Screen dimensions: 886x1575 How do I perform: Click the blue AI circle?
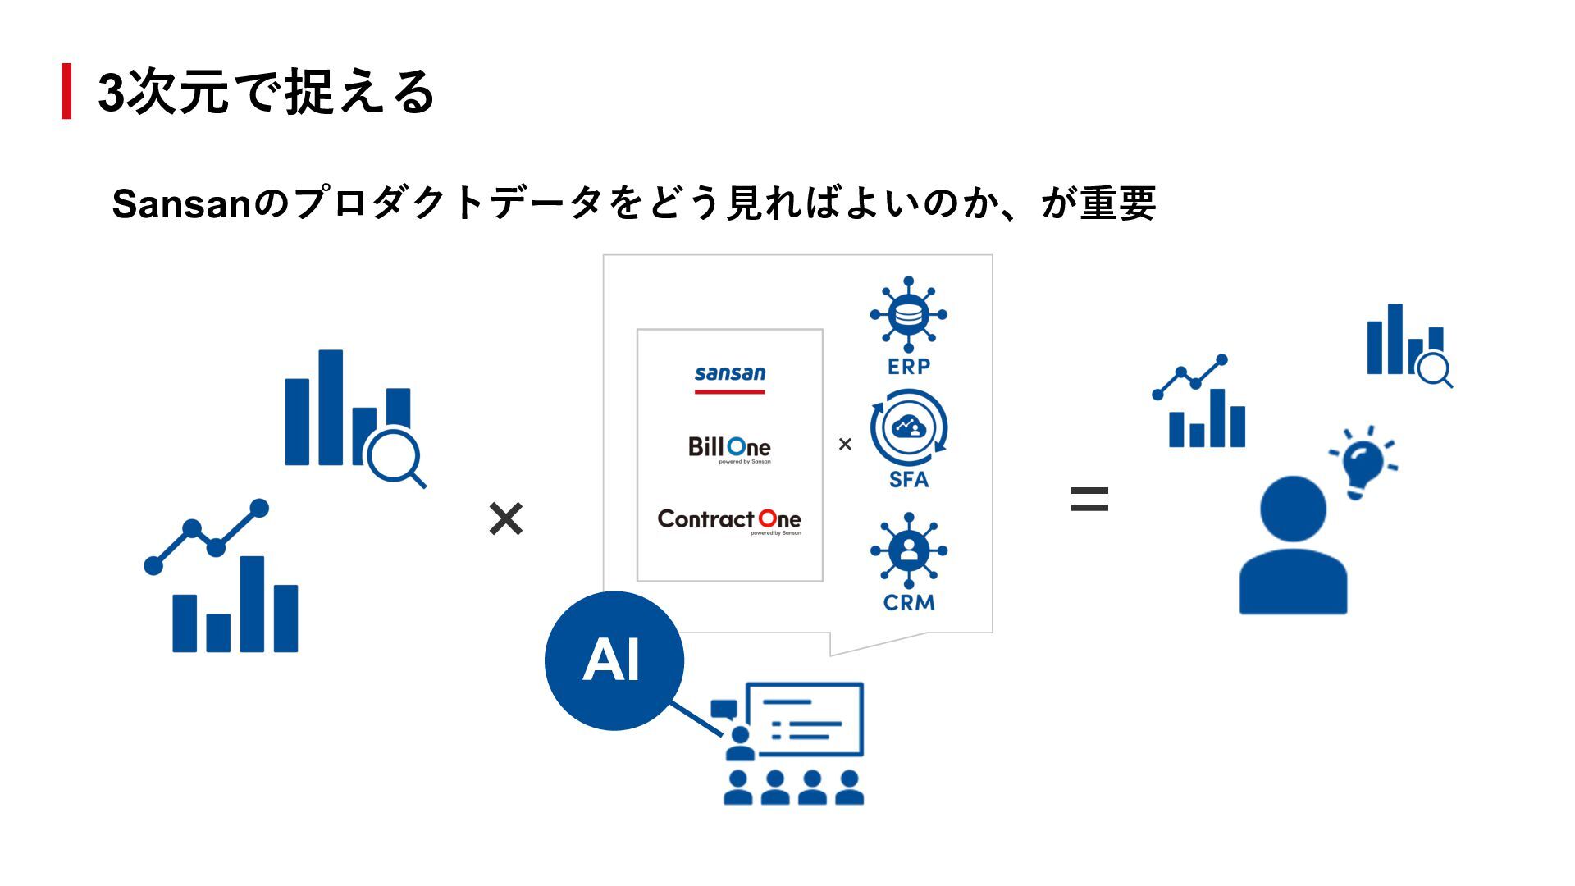pyautogui.click(x=614, y=660)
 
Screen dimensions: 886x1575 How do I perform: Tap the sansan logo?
pyautogui.click(x=729, y=377)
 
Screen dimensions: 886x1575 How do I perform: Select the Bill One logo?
pyautogui.click(x=729, y=448)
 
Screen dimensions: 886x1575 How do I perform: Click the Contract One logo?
pyautogui.click(x=729, y=520)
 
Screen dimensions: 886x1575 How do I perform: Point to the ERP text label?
pyautogui.click(x=909, y=367)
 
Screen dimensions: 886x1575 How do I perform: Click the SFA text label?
pyautogui.click(x=909, y=480)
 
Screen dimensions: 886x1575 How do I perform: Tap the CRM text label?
pyautogui.click(x=909, y=603)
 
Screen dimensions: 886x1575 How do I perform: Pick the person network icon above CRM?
pyautogui.click(x=908, y=550)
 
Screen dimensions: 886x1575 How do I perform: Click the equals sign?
pyautogui.click(x=1089, y=499)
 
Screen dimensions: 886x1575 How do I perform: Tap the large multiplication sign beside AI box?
pyautogui.click(x=505, y=519)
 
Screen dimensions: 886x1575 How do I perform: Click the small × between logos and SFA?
pyautogui.click(x=845, y=445)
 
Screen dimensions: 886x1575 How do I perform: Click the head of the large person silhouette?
pyautogui.click(x=1293, y=509)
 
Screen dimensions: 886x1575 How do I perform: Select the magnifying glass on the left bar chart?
pyautogui.click(x=394, y=456)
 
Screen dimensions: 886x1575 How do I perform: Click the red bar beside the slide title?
pyautogui.click(x=66, y=91)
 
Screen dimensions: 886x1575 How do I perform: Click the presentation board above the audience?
pyautogui.click(x=810, y=719)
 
